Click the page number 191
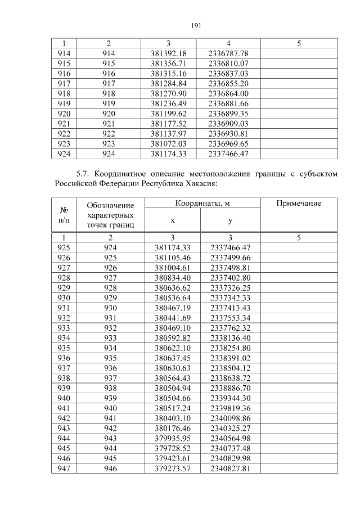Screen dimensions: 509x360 (196, 25)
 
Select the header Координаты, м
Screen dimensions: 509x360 (201, 203)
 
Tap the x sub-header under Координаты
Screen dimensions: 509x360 (173, 221)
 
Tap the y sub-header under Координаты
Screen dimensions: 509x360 (230, 221)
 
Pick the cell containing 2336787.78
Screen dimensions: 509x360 (228, 53)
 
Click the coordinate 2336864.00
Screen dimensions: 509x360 (228, 93)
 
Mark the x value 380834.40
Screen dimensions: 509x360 (173, 277)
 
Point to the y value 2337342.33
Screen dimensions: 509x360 (230, 298)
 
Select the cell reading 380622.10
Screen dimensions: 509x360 (173, 348)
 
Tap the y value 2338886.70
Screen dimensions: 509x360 (230, 389)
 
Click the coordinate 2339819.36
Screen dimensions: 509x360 (230, 409)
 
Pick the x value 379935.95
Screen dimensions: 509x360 (173, 439)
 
